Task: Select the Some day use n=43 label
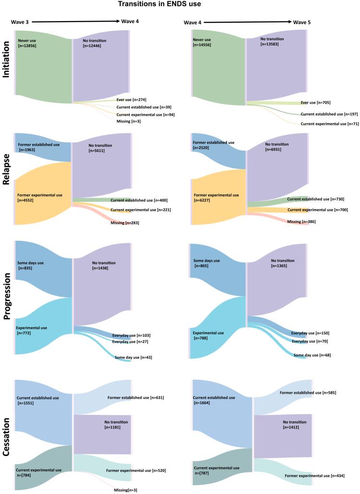(133, 357)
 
